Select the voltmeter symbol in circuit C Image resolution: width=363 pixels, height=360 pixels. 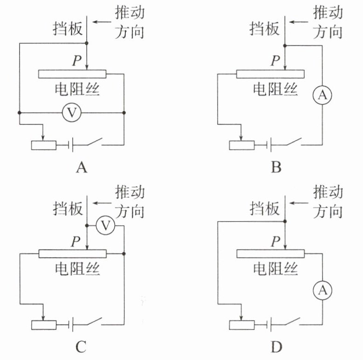point(106,226)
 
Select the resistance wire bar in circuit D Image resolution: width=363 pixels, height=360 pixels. point(270,254)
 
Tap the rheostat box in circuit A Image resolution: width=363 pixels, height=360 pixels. point(44,145)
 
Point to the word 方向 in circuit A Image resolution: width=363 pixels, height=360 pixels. point(130,32)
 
